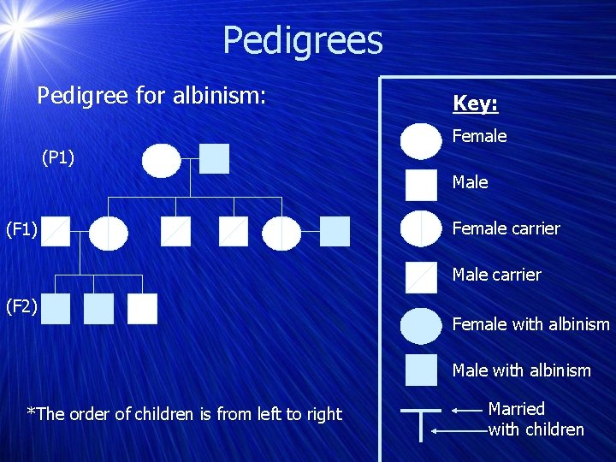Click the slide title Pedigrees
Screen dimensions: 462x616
point(303,40)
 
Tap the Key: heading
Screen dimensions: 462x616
point(475,104)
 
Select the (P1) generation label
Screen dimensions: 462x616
point(58,157)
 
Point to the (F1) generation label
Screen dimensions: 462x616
point(21,229)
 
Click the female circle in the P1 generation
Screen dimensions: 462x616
point(162,160)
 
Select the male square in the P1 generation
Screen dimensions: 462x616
point(215,158)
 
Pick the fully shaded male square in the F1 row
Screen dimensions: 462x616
point(335,231)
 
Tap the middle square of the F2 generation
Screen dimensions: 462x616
point(99,309)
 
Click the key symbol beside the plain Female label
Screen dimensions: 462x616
point(422,141)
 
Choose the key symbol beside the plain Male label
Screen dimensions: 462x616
point(421,185)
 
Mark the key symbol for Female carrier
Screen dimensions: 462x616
point(422,229)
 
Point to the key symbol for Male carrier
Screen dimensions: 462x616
point(421,276)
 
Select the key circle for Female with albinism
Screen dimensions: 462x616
point(422,325)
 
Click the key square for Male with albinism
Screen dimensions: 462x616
point(421,370)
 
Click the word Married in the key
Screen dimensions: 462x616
point(516,409)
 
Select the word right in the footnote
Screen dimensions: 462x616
point(324,414)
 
